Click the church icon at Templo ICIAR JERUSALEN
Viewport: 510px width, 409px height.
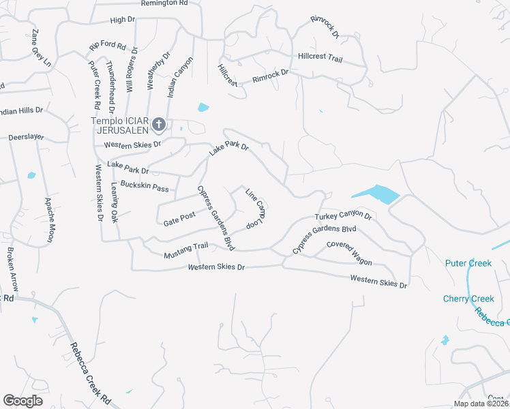(159, 124)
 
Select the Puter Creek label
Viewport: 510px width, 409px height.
(468, 263)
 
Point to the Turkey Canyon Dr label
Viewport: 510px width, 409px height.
(343, 217)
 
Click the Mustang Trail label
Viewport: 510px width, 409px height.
(185, 251)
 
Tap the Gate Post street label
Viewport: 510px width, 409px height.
(179, 219)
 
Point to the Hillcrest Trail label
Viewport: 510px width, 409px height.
(320, 58)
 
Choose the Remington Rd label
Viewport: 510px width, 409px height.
(164, 3)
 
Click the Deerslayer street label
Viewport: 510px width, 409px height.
(26, 137)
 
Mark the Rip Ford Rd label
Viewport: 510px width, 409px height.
(108, 47)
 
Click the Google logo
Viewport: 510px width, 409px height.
(22, 401)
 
